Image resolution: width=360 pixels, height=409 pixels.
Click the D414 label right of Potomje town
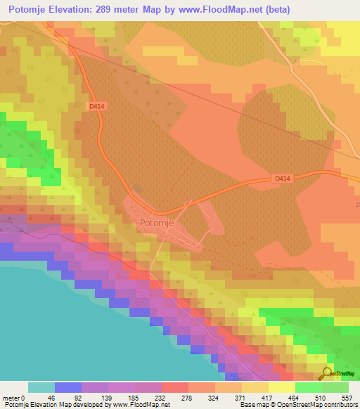pyautogui.click(x=283, y=179)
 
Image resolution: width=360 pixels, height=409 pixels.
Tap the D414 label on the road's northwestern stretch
pyautogui.click(x=97, y=106)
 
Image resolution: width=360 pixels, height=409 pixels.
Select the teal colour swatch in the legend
pyautogui.click(x=41, y=387)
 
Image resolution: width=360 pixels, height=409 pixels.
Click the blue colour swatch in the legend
pyautogui.click(x=68, y=387)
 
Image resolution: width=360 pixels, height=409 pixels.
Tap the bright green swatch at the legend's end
pyautogui.click(x=335, y=387)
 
